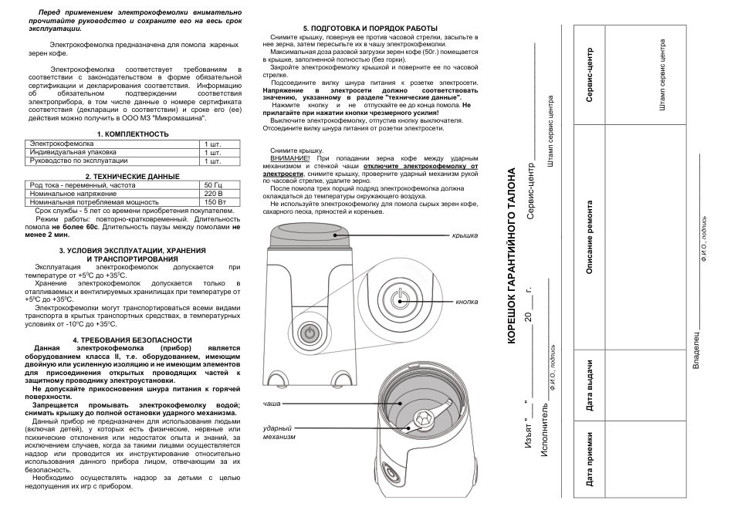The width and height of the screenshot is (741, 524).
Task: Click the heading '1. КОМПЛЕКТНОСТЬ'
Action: click(x=133, y=134)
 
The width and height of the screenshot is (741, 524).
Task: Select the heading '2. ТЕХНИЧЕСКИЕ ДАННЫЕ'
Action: click(x=133, y=177)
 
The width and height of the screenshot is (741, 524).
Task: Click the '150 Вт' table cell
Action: click(x=215, y=201)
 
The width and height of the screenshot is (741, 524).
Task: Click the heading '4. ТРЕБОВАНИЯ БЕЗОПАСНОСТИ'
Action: click(x=132, y=340)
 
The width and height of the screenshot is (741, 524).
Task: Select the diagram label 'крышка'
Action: click(x=465, y=235)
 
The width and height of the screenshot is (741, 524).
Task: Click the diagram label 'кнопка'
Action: click(x=466, y=302)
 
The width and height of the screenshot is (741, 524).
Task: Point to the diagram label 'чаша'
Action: click(x=272, y=404)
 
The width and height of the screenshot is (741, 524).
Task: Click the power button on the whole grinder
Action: click(x=307, y=333)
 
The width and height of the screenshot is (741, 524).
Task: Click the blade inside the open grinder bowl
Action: click(x=423, y=421)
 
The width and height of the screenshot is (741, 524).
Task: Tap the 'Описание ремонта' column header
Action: click(x=589, y=238)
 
